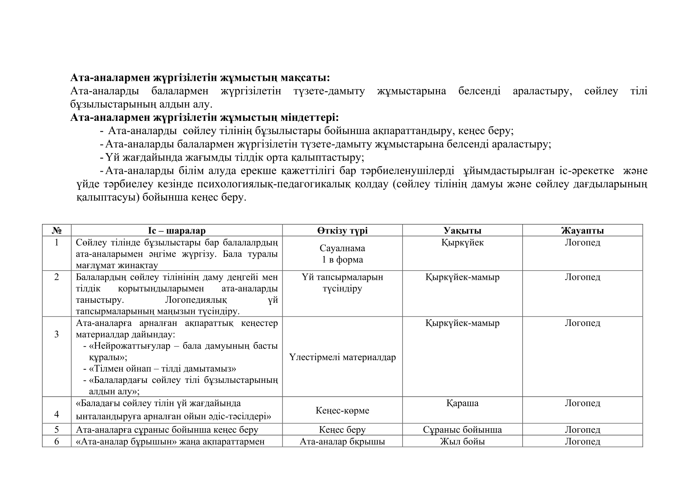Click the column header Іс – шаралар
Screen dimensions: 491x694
pos(176,231)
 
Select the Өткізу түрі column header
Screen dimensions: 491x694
pos(342,231)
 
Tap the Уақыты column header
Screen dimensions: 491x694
pos(462,231)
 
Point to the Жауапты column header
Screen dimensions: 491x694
pos(582,231)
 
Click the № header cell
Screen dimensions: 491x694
pos(56,231)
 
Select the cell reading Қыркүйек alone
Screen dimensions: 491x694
pos(462,243)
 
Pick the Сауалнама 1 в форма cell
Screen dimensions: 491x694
pos(342,254)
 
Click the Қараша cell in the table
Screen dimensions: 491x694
pos(462,403)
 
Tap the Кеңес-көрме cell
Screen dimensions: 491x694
pos(342,411)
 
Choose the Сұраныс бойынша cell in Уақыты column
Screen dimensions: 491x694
pos(462,430)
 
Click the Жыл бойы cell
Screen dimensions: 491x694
pos(462,441)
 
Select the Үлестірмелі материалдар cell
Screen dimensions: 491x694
pos(342,357)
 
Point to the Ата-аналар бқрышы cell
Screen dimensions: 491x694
pos(342,441)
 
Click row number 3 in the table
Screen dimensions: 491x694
pos(56,334)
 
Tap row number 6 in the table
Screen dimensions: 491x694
pos(56,441)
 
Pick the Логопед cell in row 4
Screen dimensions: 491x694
pos(582,403)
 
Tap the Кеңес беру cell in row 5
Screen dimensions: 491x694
pos(342,430)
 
